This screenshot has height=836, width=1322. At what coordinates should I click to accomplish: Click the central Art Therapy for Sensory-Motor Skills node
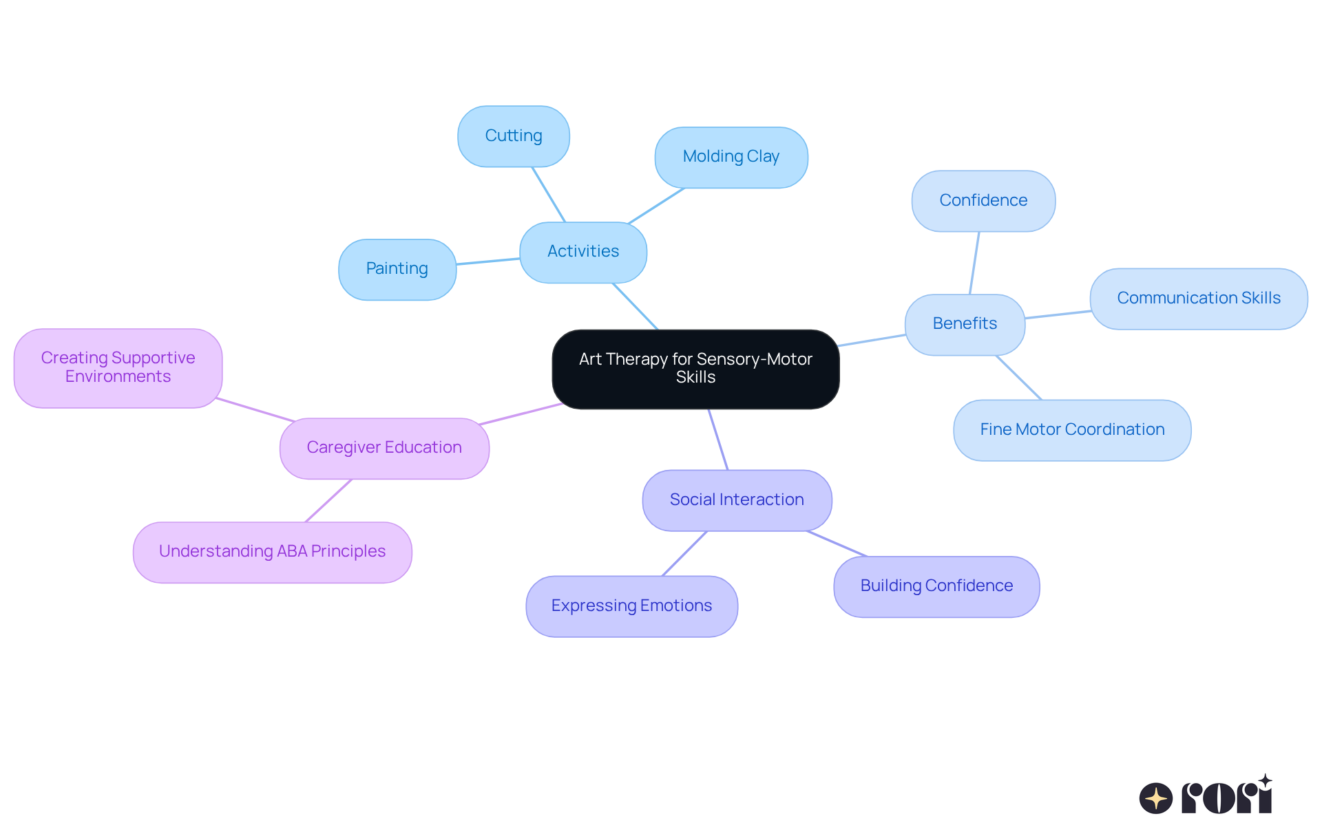695,369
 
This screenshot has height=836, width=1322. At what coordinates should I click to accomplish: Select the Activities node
583,252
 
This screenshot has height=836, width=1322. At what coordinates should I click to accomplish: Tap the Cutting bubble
513,136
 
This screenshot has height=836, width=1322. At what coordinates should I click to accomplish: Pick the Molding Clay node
731,157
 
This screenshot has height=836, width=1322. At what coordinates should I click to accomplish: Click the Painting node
397,269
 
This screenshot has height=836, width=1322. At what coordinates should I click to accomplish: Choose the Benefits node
964,324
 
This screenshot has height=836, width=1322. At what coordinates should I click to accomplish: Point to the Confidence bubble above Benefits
983,201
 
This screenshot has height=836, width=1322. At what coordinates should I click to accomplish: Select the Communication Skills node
1198,299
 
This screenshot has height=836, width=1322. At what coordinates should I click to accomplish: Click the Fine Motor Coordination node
1071,430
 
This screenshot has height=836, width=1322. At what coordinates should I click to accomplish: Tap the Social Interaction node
736,500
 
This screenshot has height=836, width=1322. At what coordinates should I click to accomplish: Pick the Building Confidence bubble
936,586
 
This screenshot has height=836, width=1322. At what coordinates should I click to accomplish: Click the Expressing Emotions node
631,606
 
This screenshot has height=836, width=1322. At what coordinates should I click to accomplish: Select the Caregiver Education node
384,448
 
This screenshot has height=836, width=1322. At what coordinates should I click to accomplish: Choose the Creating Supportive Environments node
118,367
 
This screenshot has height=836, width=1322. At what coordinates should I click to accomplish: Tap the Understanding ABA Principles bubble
272,552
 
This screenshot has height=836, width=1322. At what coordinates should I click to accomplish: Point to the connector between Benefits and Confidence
974,263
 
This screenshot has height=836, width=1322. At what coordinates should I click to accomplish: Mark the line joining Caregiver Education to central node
521,414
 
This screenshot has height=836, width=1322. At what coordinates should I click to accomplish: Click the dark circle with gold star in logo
1155,798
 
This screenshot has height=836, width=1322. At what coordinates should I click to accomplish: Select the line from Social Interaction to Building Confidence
837,544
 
